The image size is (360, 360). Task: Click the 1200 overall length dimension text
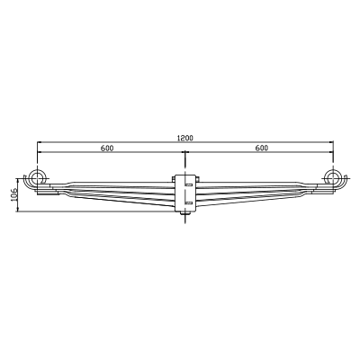185,138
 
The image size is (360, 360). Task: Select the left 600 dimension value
107,148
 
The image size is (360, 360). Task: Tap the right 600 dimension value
262,148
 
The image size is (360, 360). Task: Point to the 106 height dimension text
14,195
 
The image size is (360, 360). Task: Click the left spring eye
37,177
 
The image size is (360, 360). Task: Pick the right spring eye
332,177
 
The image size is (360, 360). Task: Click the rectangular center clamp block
185,193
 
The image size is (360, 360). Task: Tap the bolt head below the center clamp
185,213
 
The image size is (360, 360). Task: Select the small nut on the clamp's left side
174,179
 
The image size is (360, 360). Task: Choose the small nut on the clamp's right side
198,179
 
